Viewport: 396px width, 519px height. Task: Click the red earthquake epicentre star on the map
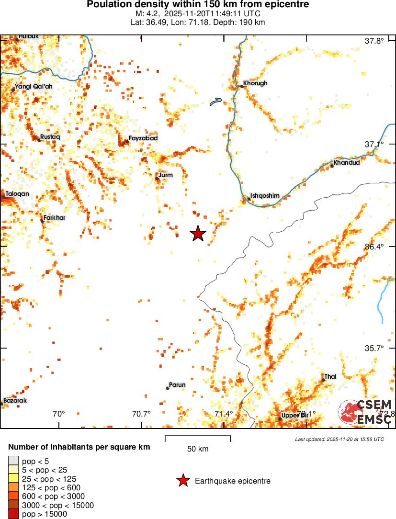198,234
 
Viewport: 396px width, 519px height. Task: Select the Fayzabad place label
143,138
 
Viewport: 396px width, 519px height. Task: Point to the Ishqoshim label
265,196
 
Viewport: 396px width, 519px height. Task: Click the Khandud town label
347,162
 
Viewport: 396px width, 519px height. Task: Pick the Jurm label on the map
165,175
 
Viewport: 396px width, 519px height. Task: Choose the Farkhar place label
54,218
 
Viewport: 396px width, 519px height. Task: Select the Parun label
177,385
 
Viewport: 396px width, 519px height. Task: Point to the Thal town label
330,377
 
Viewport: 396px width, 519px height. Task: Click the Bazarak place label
15,401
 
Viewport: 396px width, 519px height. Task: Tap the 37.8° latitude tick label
374,41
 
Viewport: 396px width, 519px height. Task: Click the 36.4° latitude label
374,247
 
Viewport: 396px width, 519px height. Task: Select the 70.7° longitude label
141,414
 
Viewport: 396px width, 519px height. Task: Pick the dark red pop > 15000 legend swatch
13,514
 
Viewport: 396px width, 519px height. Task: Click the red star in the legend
182,481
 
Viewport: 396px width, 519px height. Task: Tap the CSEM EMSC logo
365,412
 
